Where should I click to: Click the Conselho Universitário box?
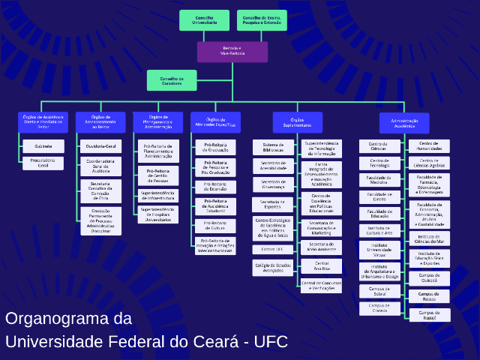204,20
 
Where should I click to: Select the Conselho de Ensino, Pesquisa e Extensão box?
262,20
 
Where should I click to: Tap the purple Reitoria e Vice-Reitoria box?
232,52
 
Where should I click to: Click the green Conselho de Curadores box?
171,80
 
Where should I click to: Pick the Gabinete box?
43,145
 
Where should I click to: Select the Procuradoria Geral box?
43,163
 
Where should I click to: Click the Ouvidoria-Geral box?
100,146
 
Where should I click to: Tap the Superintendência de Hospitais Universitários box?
158,214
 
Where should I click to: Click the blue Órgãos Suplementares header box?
297,122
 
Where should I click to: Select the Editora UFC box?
273,249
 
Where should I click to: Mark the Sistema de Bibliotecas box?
273,147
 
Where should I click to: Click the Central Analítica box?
322,266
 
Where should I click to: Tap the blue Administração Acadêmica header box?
404,123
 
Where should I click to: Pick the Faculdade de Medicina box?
379,179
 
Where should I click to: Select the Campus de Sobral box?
379,291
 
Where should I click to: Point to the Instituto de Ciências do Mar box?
429,240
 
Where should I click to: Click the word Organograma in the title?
68,318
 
